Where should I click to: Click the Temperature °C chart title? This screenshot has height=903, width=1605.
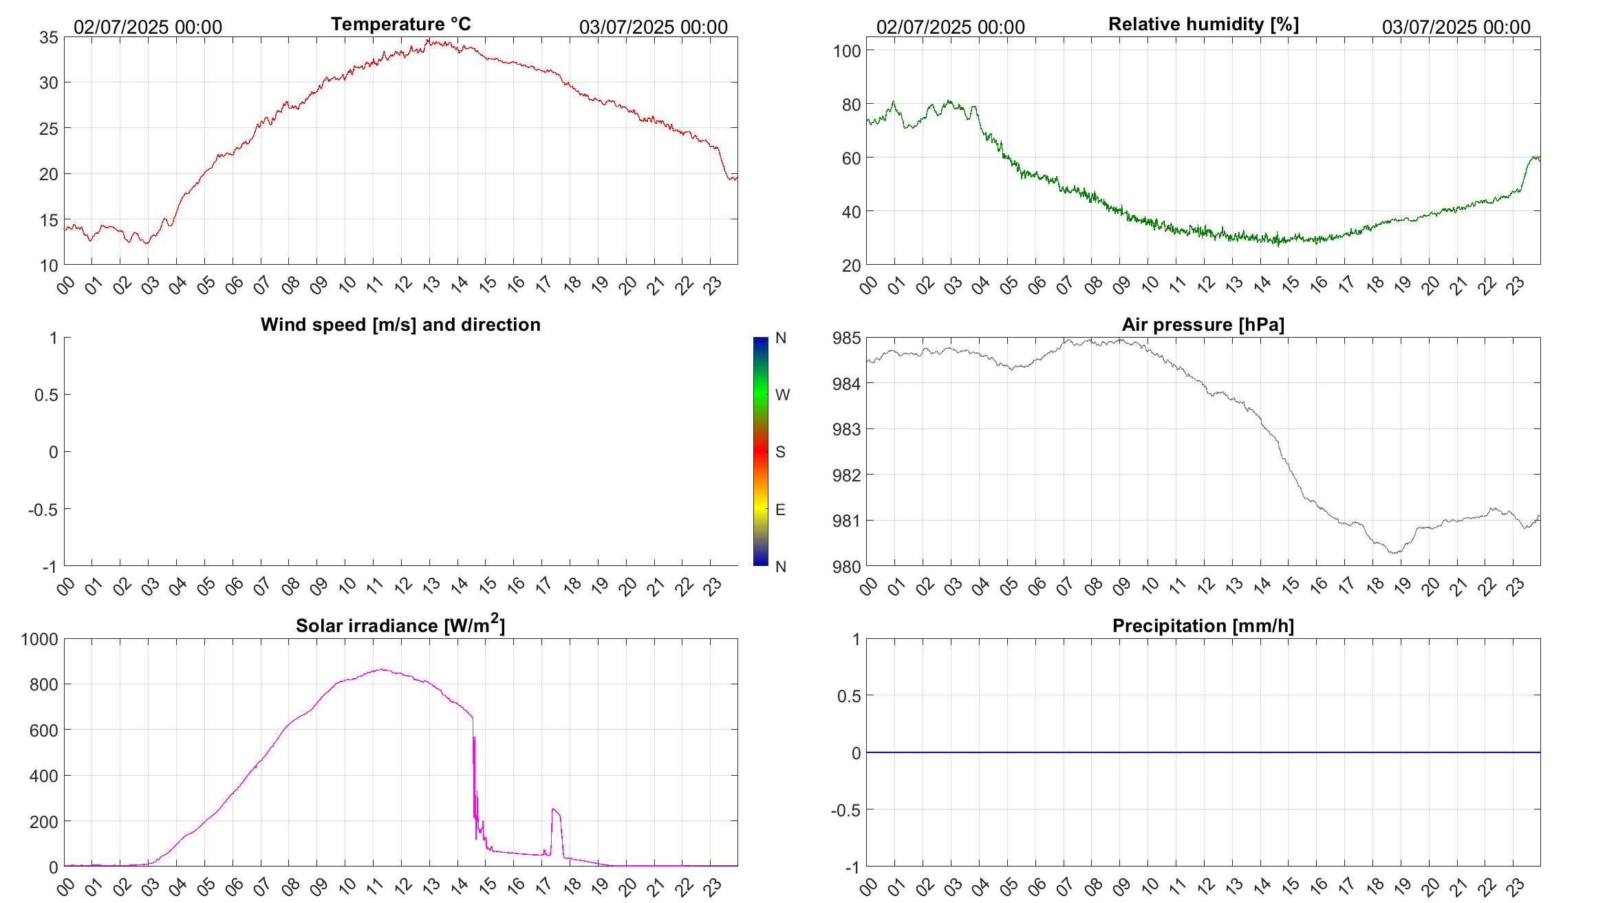[x=400, y=24]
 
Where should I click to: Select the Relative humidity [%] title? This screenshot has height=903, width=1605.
[x=1203, y=24]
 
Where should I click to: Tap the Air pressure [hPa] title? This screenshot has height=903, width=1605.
[x=1203, y=325]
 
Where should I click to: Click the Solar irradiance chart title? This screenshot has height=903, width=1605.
[x=400, y=625]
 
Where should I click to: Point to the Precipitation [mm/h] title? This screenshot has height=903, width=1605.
[x=1203, y=626]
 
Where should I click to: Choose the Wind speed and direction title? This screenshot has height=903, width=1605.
[x=400, y=325]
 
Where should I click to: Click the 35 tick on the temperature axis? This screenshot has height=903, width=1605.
[x=49, y=37]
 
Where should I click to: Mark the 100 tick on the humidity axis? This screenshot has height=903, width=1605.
[x=847, y=51]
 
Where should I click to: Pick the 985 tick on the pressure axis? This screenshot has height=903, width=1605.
[x=846, y=338]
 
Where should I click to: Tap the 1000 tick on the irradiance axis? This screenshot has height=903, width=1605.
[x=40, y=639]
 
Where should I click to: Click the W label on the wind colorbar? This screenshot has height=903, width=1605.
[x=782, y=395]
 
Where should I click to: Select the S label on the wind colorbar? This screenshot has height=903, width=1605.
[x=780, y=452]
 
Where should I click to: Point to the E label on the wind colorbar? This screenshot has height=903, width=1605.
[x=780, y=510]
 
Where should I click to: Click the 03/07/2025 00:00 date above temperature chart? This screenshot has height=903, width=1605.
[x=653, y=27]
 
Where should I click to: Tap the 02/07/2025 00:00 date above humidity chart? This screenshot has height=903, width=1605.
[x=950, y=27]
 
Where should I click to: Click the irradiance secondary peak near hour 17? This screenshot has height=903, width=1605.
[x=554, y=810]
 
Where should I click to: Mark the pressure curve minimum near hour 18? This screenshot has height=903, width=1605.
[x=1394, y=552]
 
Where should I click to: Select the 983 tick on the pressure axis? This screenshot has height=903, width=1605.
[x=846, y=429]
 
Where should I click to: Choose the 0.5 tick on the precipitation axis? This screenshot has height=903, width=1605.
[x=848, y=696]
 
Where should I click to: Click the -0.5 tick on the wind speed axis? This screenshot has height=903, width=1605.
[x=43, y=510]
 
